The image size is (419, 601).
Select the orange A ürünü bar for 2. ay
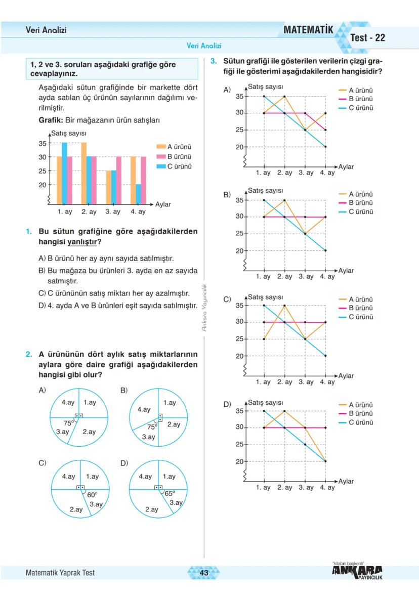pos(83,173)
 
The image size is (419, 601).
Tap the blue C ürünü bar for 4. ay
pos(138,193)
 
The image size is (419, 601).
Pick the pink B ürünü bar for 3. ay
pos(118,180)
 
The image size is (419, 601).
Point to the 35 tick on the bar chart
pos(42,143)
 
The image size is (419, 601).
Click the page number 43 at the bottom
pos(204,573)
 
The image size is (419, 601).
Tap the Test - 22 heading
pos(367,38)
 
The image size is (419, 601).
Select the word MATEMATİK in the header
pos(308,30)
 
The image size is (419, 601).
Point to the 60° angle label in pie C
pos(92,495)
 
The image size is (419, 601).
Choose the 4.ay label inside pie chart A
pos(68,403)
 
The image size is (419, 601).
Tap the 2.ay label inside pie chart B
pos(174,424)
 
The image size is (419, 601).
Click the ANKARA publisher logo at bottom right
pos(357,571)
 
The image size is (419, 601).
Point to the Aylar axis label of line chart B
pos(346,271)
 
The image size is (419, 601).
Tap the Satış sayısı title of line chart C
pos(265,297)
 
